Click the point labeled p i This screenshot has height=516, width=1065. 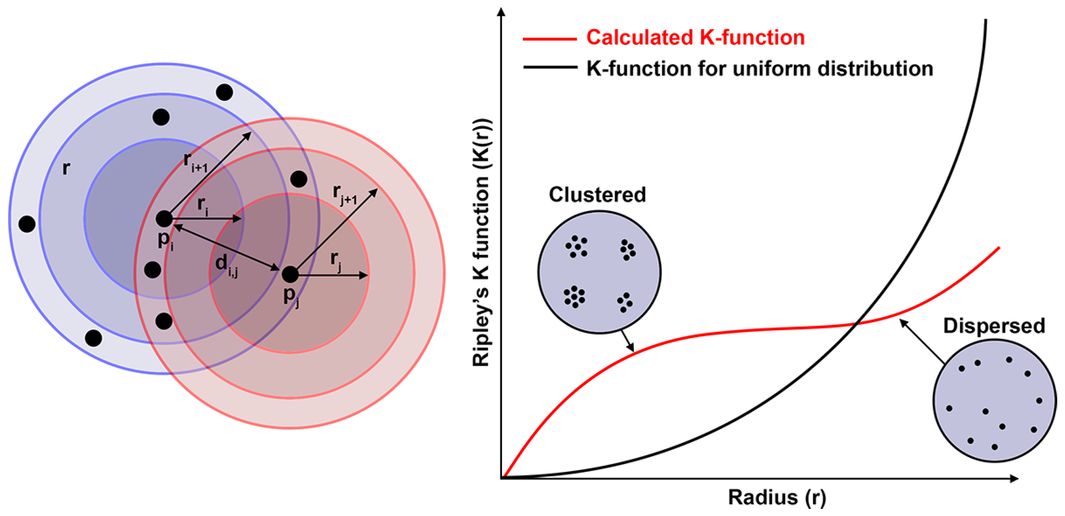(x=164, y=219)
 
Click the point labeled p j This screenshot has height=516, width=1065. (x=290, y=275)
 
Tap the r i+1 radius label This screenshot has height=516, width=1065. (x=196, y=163)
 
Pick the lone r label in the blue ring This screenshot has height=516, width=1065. (x=66, y=168)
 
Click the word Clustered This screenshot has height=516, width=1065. (x=597, y=194)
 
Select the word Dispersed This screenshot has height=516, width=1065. (x=994, y=326)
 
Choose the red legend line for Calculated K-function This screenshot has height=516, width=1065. (x=549, y=39)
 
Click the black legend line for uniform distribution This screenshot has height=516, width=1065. (x=549, y=67)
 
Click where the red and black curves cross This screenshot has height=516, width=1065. (x=856, y=324)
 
